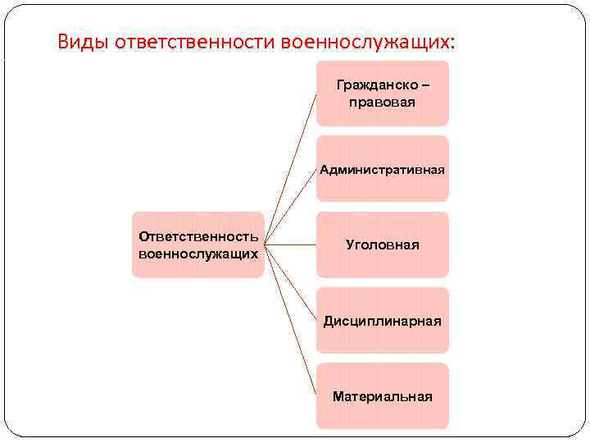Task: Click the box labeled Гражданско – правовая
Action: click(382, 94)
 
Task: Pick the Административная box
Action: click(382, 169)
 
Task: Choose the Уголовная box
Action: click(382, 244)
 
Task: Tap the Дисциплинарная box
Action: click(382, 320)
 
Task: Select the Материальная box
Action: click(382, 396)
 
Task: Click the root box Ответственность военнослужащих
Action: click(198, 244)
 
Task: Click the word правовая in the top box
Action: click(382, 103)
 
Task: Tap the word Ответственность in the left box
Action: click(198, 236)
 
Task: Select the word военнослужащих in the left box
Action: click(198, 253)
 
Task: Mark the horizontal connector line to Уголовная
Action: click(291, 244)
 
